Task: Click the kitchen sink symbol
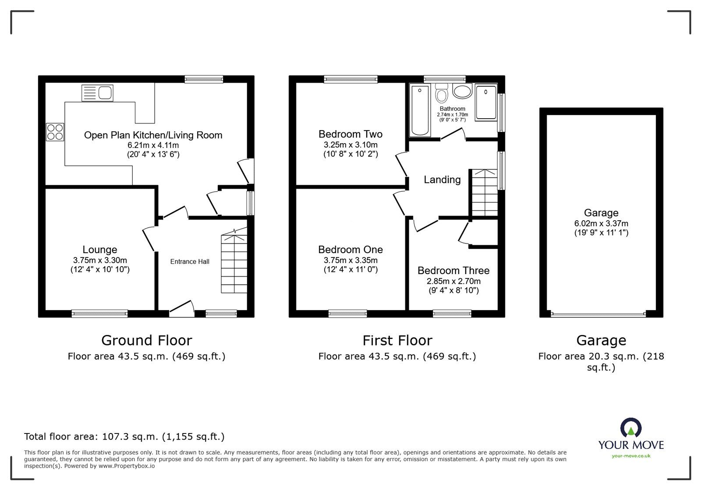click(x=97, y=93)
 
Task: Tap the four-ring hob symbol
click(x=55, y=132)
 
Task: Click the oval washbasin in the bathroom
click(x=462, y=92)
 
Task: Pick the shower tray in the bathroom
click(x=486, y=103)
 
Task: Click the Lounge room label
click(x=100, y=250)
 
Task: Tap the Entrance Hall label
click(x=190, y=262)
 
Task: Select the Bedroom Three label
click(x=453, y=271)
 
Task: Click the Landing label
click(x=442, y=180)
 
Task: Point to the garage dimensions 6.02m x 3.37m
click(x=601, y=224)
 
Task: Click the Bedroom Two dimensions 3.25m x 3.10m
click(x=350, y=145)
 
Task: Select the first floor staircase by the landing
click(x=485, y=193)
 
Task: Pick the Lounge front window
click(x=100, y=313)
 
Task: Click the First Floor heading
click(x=397, y=340)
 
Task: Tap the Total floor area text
click(x=124, y=437)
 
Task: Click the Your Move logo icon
click(x=631, y=428)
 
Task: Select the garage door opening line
click(x=598, y=314)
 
